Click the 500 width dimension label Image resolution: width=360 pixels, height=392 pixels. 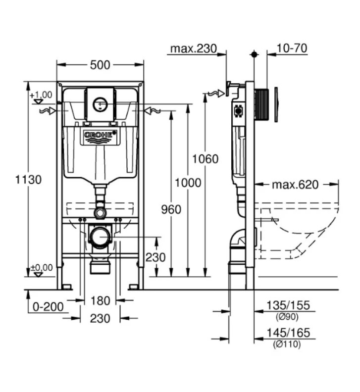coord(100,65)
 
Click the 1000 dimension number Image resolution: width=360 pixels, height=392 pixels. coord(188,183)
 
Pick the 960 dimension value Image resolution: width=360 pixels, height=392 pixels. coord(171,209)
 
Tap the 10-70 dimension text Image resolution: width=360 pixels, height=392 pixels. coord(292,48)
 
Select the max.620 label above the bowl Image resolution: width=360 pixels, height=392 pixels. coord(295,185)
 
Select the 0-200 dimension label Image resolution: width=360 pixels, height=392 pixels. coord(49,307)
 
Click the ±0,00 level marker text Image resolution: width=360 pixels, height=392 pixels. coord(42,268)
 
